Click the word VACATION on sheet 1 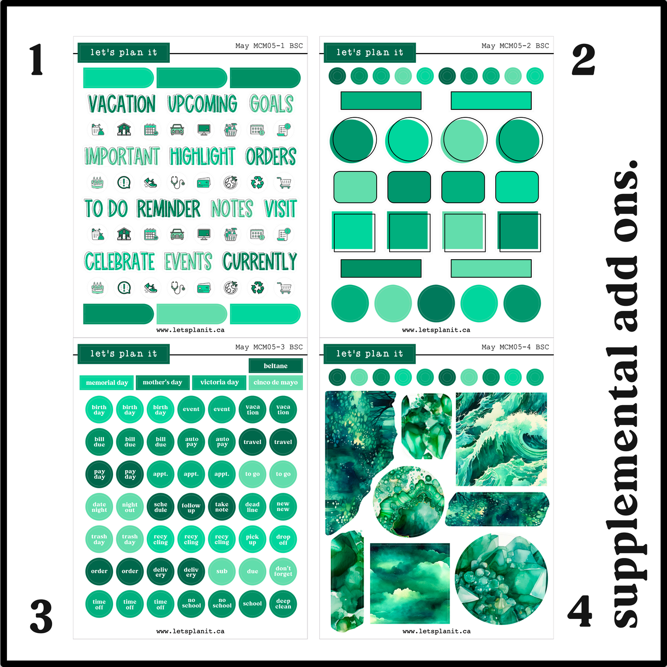(x=122, y=104)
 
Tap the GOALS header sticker (x=271, y=104)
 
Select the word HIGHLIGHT (x=202, y=157)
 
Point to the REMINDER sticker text (x=168, y=209)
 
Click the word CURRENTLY (x=259, y=262)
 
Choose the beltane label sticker (x=276, y=366)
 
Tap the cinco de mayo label (x=276, y=382)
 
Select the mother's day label (x=162, y=382)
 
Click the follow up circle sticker (x=191, y=507)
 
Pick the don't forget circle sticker (x=283, y=571)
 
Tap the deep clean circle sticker (x=283, y=604)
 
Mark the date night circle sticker (x=99, y=507)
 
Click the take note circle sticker (x=222, y=507)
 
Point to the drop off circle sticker (x=283, y=540)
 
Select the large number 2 (x=583, y=60)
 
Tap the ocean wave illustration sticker (x=501, y=439)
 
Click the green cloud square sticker (x=410, y=583)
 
